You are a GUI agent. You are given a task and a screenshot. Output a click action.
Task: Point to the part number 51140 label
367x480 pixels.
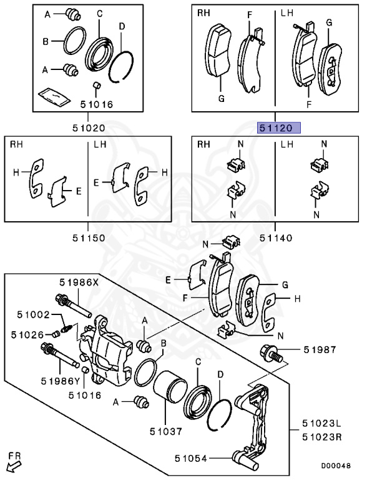coord(276,237)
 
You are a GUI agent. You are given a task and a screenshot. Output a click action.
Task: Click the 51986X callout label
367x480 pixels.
coord(79,282)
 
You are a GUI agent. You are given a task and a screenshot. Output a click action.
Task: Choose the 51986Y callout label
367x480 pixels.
coord(61,380)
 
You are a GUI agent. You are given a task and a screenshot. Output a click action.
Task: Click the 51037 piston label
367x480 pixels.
coord(165,430)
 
